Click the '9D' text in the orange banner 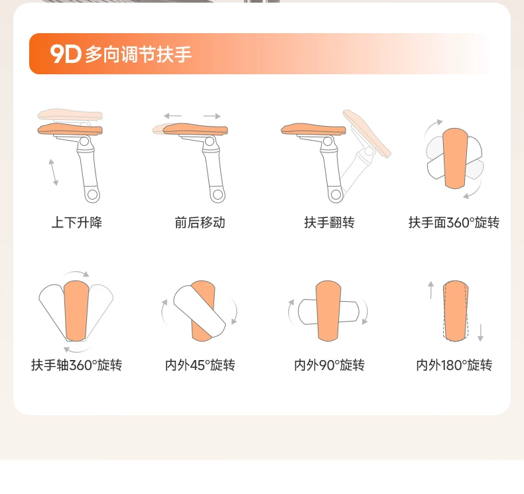pos(66,54)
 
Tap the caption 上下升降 pos(76,222)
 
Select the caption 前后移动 pos(200,222)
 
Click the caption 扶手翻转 pos(329,222)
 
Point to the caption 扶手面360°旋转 pos(454,222)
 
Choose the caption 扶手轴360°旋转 pos(76,365)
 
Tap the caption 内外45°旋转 pos(200,365)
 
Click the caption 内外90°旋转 pos(329,365)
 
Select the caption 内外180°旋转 pos(454,365)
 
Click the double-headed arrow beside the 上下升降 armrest pos(54,172)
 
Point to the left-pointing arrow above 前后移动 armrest pos(172,116)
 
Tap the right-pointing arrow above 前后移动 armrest pos(212,116)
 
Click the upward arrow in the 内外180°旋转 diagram pos(431,290)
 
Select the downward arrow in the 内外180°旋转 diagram pos(481,333)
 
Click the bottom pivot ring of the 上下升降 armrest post pos(92,194)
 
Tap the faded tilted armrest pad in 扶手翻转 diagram pos(367,133)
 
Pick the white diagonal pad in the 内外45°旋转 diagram pos(199,311)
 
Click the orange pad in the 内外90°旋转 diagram pos(328,311)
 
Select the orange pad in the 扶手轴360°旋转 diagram pos(76,311)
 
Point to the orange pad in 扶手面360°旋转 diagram pos(455,158)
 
